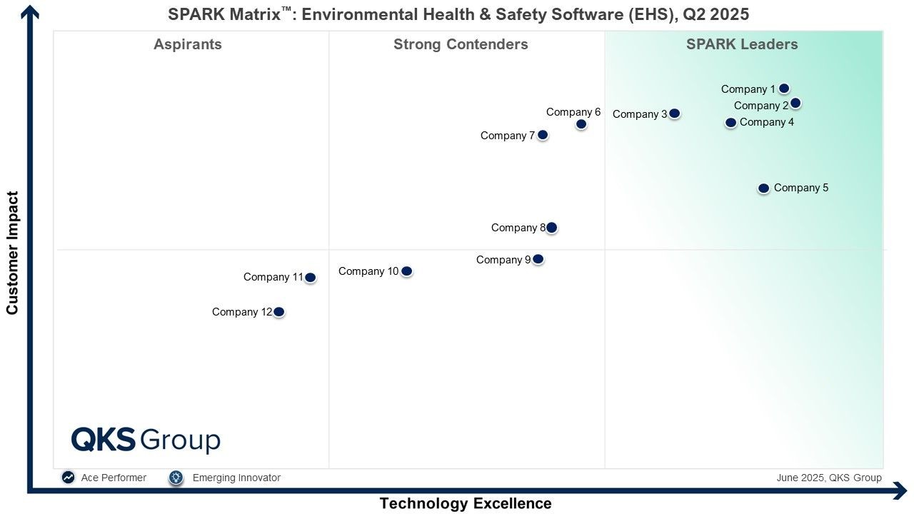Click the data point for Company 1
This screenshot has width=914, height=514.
783,89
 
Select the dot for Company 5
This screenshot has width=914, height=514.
763,188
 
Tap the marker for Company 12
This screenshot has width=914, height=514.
279,312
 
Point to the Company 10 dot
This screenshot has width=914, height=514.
406,271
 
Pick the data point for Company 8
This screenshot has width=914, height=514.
551,228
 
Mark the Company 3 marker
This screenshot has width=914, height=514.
674,114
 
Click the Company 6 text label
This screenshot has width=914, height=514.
573,112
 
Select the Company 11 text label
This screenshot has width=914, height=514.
273,277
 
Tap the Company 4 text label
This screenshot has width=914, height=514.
767,122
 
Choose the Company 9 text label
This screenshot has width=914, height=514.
503,260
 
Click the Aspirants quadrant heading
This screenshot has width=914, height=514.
188,44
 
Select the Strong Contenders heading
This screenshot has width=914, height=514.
461,44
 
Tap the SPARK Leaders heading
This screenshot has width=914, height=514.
742,44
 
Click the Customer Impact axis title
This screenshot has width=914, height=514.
12,253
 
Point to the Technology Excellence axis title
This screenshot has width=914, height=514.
466,503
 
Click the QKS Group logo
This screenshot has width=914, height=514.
146,440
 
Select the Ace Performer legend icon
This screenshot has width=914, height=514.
69,478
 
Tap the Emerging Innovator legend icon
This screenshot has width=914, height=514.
176,478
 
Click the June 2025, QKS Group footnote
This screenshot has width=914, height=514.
829,478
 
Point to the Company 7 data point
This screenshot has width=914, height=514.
543,135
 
